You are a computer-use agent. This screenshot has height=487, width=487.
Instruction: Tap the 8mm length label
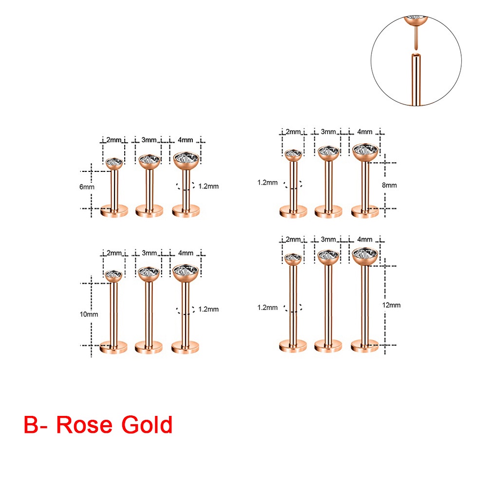point(390,185)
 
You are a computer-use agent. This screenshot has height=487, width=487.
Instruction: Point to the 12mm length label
point(392,305)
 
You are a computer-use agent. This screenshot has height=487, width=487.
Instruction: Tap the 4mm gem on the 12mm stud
point(365,254)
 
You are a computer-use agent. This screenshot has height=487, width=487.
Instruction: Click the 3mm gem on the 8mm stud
point(329,151)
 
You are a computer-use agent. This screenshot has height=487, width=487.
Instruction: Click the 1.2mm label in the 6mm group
point(209,186)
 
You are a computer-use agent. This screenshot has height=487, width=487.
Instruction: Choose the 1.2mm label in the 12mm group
point(268,307)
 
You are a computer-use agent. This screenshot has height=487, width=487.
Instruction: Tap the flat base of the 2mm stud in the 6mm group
point(114,211)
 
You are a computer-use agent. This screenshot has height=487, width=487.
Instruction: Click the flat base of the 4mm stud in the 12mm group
point(365,346)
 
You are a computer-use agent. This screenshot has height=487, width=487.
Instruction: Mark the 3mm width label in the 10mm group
point(150,253)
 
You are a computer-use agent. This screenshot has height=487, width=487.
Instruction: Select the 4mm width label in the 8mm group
point(365,131)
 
